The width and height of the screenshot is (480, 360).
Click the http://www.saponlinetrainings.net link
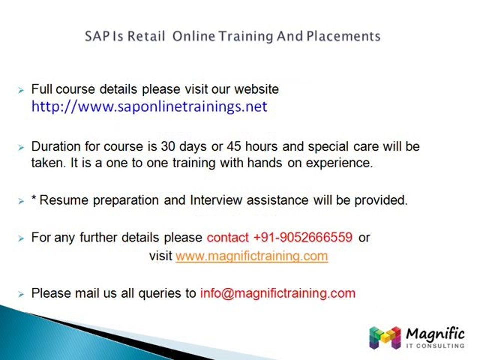click(149, 106)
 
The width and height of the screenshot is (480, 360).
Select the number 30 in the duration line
click(168, 147)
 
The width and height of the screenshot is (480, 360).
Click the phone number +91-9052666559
click(303, 237)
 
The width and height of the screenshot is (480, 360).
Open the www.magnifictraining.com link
click(252, 256)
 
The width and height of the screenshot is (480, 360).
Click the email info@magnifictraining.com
click(278, 293)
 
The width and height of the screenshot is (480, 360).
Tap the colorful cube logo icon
click(385, 337)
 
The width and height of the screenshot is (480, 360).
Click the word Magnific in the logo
click(435, 333)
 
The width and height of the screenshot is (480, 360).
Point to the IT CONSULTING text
click(435, 345)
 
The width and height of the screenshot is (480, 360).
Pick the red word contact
click(227, 237)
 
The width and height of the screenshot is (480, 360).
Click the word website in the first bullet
click(256, 89)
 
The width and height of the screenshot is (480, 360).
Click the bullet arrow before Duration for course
click(21, 148)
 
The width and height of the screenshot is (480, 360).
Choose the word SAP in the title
click(95, 36)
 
